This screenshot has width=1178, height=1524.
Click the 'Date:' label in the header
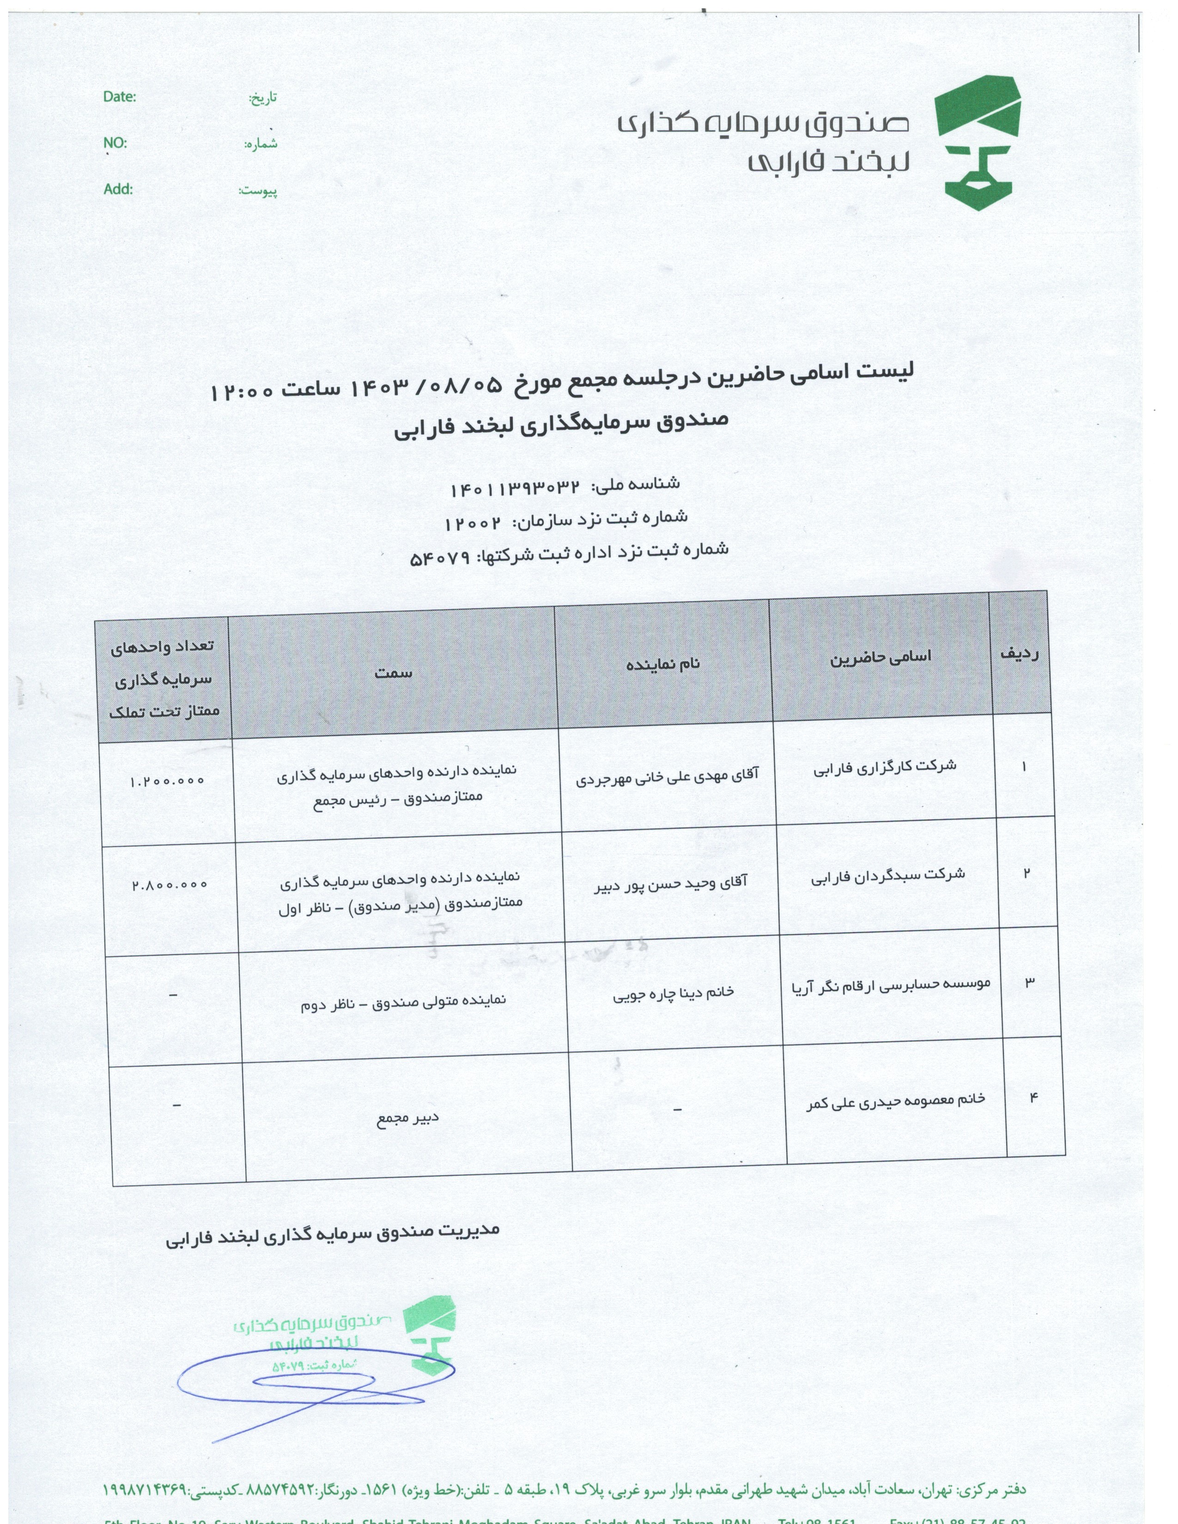tap(119, 97)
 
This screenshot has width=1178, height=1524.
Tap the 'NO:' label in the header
tap(115, 143)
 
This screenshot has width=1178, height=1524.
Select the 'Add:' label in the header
tap(118, 189)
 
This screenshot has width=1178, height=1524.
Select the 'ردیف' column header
tap(1020, 653)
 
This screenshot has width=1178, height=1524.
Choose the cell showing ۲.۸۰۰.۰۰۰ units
tap(170, 884)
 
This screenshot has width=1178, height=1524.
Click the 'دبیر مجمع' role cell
tap(408, 1118)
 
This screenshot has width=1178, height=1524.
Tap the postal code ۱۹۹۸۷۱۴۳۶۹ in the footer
tap(146, 1490)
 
